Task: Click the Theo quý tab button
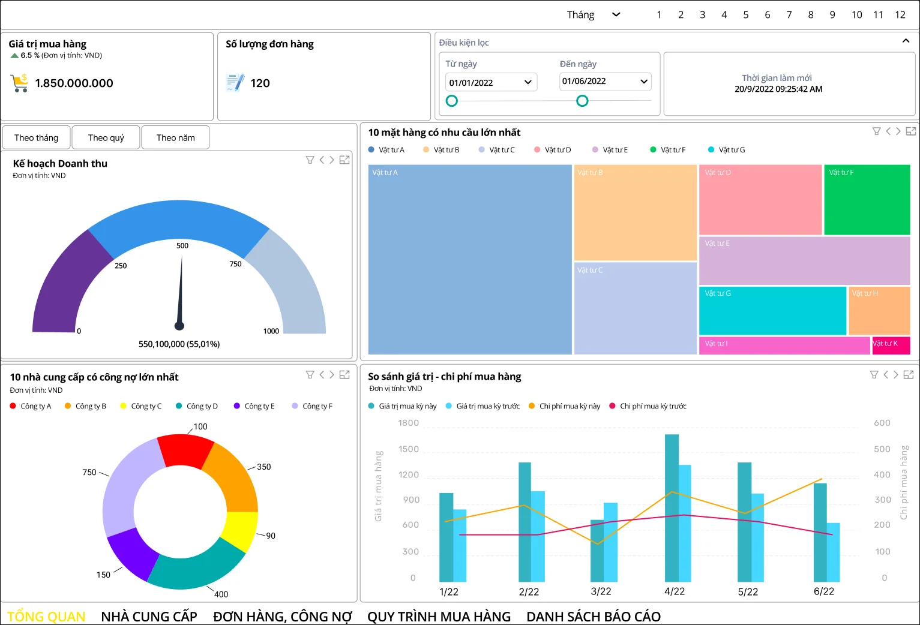point(106,137)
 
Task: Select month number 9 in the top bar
point(832,15)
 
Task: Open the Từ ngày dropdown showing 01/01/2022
point(491,82)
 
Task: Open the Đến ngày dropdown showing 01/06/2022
point(605,81)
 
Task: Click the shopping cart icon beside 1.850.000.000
point(19,83)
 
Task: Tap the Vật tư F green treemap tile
point(867,200)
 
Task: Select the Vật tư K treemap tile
point(891,345)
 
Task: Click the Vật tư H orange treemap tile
point(879,311)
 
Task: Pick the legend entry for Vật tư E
point(610,150)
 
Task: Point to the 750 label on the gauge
point(235,264)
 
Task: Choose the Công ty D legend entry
point(197,406)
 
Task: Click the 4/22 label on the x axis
point(675,591)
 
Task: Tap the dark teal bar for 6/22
point(820,532)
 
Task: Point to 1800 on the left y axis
point(408,423)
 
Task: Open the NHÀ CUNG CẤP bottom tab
point(149,616)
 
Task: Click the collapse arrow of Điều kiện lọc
point(906,41)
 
